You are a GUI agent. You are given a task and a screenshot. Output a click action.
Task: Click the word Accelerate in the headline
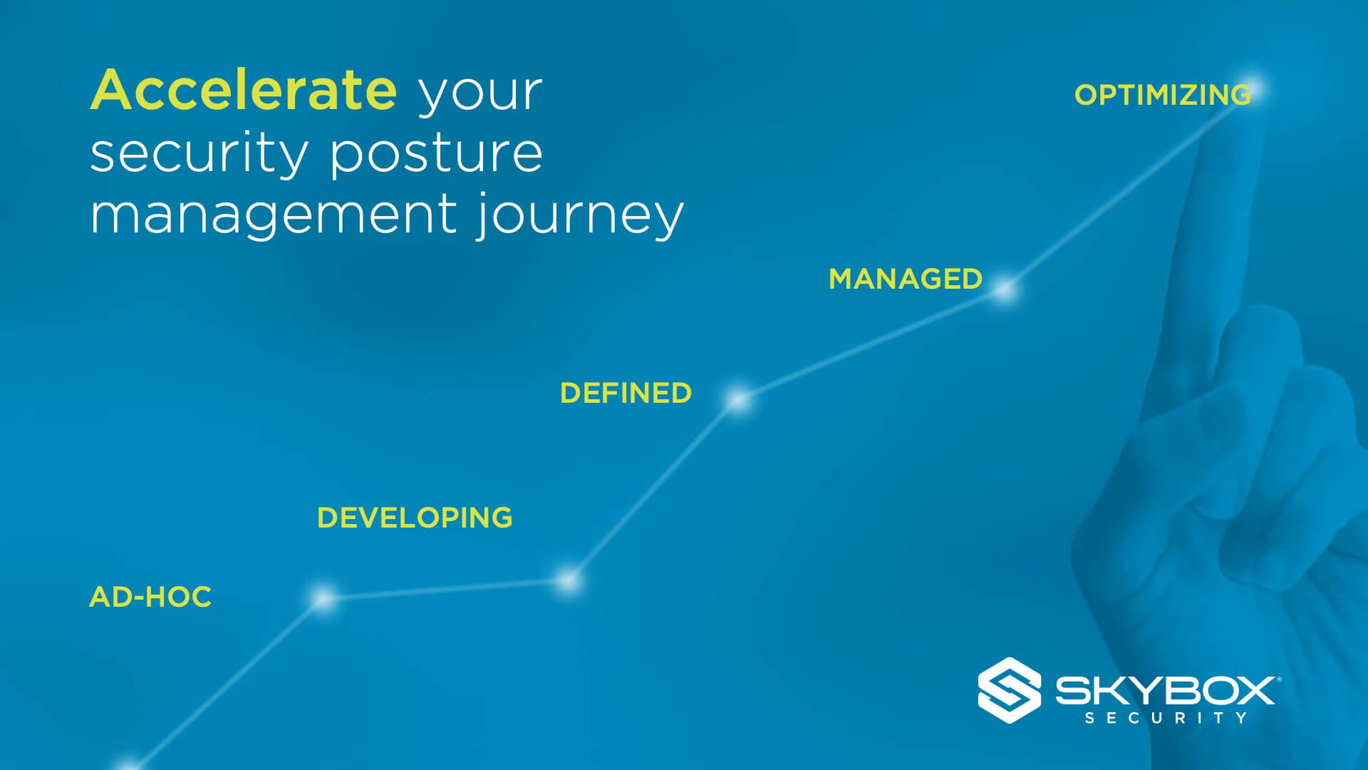[243, 90]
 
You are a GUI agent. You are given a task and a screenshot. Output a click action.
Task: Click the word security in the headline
[199, 153]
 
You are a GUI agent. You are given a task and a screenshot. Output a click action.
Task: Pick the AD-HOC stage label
[150, 597]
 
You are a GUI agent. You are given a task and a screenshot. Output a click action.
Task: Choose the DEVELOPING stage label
[415, 518]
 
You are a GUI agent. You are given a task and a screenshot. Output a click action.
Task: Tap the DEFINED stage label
[626, 394]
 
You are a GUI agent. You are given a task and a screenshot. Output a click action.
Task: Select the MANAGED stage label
[906, 279]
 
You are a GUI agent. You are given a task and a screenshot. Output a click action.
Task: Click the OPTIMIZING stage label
[1163, 95]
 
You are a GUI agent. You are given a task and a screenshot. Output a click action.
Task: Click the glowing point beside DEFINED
[739, 400]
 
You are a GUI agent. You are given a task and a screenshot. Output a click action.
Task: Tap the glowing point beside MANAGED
[1005, 290]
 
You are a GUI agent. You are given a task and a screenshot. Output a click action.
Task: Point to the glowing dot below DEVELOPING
[568, 582]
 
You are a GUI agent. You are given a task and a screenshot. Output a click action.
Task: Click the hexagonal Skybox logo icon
[1009, 690]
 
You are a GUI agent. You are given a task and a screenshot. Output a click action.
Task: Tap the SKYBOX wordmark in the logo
[1166, 690]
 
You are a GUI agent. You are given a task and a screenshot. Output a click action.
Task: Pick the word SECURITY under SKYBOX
[1166, 718]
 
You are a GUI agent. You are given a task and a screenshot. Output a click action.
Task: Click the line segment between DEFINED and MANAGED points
[871, 345]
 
